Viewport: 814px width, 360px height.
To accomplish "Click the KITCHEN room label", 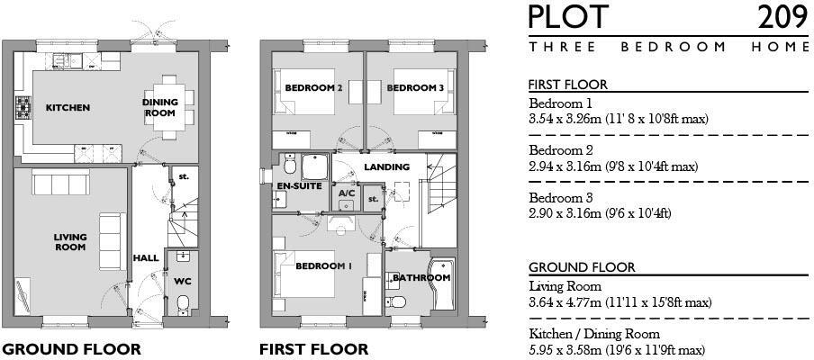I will (68, 108).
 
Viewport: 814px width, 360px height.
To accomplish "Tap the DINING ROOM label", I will (159, 108).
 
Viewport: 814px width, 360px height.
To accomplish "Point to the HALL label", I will (146, 258).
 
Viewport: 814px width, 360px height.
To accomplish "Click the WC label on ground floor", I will (183, 281).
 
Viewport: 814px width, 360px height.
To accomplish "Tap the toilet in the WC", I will (182, 302).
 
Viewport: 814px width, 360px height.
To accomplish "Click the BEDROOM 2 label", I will (313, 88).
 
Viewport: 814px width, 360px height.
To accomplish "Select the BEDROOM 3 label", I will (415, 88).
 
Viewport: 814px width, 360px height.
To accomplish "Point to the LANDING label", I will (388, 167).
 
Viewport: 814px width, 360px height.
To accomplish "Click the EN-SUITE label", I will (297, 185).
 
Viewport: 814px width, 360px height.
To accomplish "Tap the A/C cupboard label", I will (347, 193).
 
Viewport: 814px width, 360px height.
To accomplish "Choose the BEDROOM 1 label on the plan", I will (324, 266).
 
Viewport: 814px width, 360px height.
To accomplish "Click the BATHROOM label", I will (421, 278).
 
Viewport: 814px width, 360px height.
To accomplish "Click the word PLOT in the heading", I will (568, 17).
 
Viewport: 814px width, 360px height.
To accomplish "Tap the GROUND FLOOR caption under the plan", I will (71, 349).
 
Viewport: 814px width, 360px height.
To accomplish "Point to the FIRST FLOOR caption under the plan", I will (313, 349).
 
